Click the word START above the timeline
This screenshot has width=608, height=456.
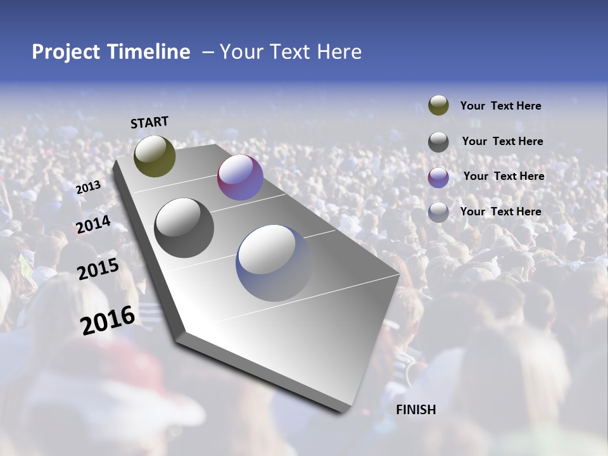click(x=149, y=122)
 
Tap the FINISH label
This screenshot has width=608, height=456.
click(x=415, y=410)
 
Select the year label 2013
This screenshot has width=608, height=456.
click(x=88, y=187)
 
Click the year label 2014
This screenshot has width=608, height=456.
click(x=93, y=224)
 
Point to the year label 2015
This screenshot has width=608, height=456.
click(x=98, y=269)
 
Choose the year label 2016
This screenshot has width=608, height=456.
click(x=108, y=320)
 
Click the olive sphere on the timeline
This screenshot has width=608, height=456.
click(x=155, y=156)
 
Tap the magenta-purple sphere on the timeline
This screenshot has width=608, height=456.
click(x=240, y=177)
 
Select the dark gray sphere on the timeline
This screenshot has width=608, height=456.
click(x=184, y=228)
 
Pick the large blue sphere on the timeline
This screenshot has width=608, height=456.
click(x=274, y=263)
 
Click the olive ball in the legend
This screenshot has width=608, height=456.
click(x=438, y=106)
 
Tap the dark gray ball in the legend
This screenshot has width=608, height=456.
click(x=438, y=142)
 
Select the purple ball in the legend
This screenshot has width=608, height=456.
click(x=438, y=177)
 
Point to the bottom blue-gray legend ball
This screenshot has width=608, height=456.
click(x=438, y=212)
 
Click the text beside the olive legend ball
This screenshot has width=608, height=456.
click(x=500, y=106)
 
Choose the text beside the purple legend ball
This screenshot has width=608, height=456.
click(x=503, y=176)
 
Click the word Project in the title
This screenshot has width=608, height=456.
click(x=66, y=52)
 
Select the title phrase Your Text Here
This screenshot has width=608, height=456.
click(x=291, y=52)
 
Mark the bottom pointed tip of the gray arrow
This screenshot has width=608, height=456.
click(x=343, y=412)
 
